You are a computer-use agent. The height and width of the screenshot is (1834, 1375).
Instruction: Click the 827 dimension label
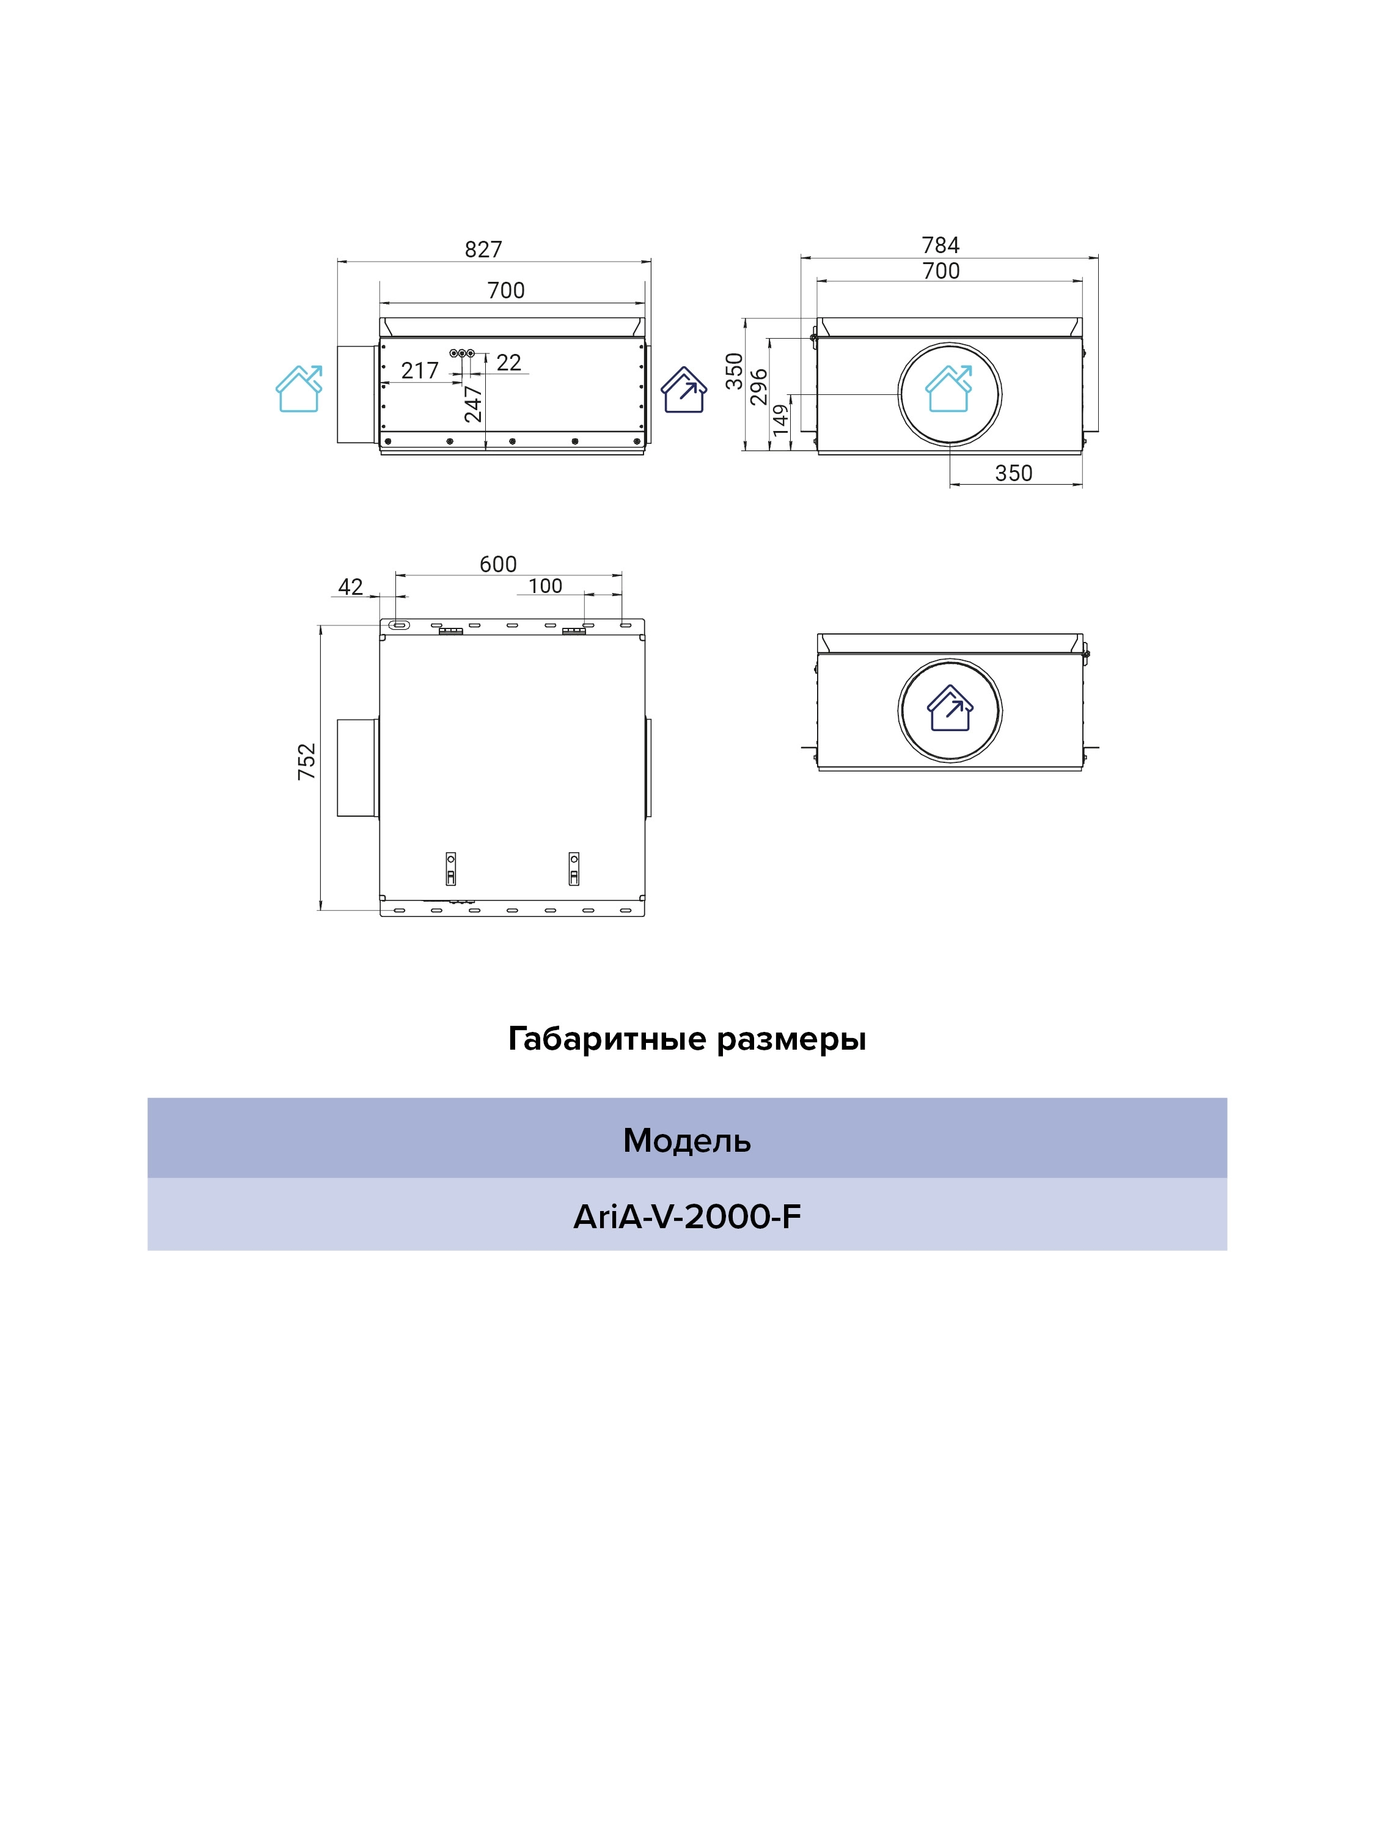483,249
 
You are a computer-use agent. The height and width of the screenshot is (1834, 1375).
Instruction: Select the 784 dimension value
941,245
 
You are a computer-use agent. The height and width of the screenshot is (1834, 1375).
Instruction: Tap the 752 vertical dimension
307,761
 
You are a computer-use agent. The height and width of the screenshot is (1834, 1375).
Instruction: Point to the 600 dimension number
498,564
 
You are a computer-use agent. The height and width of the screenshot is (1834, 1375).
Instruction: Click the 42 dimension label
351,587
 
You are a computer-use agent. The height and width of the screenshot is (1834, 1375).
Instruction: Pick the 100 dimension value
545,586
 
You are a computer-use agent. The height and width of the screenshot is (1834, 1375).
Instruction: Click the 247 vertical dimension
473,403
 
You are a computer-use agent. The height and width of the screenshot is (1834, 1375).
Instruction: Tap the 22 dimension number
509,363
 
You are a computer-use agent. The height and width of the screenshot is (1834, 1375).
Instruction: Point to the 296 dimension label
759,387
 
